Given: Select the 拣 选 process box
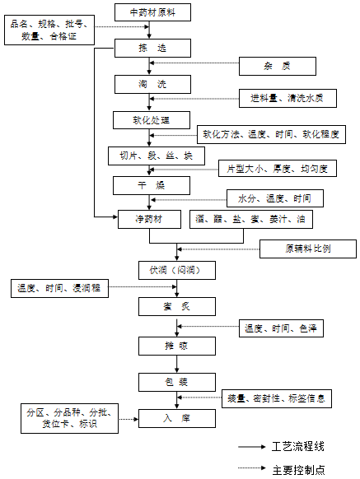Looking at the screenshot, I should (152, 49).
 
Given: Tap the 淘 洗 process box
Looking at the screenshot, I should (152, 84).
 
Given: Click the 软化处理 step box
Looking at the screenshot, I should (152, 120).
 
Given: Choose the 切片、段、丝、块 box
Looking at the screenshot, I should (151, 155).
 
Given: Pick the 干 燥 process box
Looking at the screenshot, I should (152, 185).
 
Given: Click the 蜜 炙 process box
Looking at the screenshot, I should (176, 307).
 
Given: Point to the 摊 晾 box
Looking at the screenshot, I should (176, 345).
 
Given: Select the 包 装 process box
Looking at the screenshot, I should (176, 382).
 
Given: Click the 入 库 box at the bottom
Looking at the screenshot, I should (176, 419).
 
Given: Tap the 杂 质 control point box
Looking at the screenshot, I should (277, 65).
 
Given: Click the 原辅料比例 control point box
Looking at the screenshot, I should (308, 248).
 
